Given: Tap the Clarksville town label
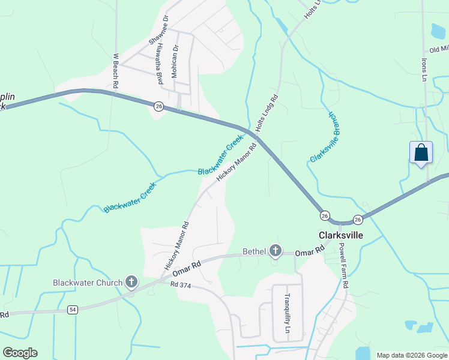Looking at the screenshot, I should tap(340, 235).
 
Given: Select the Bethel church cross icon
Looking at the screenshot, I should tap(276, 251).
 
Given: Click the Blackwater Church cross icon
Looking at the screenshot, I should tap(131, 282).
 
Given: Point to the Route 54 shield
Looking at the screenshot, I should tap(73, 309).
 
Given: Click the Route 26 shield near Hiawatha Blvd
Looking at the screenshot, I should tap(158, 106).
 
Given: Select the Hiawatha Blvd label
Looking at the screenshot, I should tap(160, 67).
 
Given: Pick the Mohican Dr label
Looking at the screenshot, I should tap(175, 62).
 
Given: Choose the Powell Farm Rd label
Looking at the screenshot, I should tap(343, 266).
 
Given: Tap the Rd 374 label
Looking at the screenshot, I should tap(180, 286).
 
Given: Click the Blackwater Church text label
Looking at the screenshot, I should tap(88, 282).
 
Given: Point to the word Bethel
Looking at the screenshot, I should tap(254, 251).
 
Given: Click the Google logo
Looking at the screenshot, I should tap(20, 353).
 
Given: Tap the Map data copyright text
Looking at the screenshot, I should tap(411, 355).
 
